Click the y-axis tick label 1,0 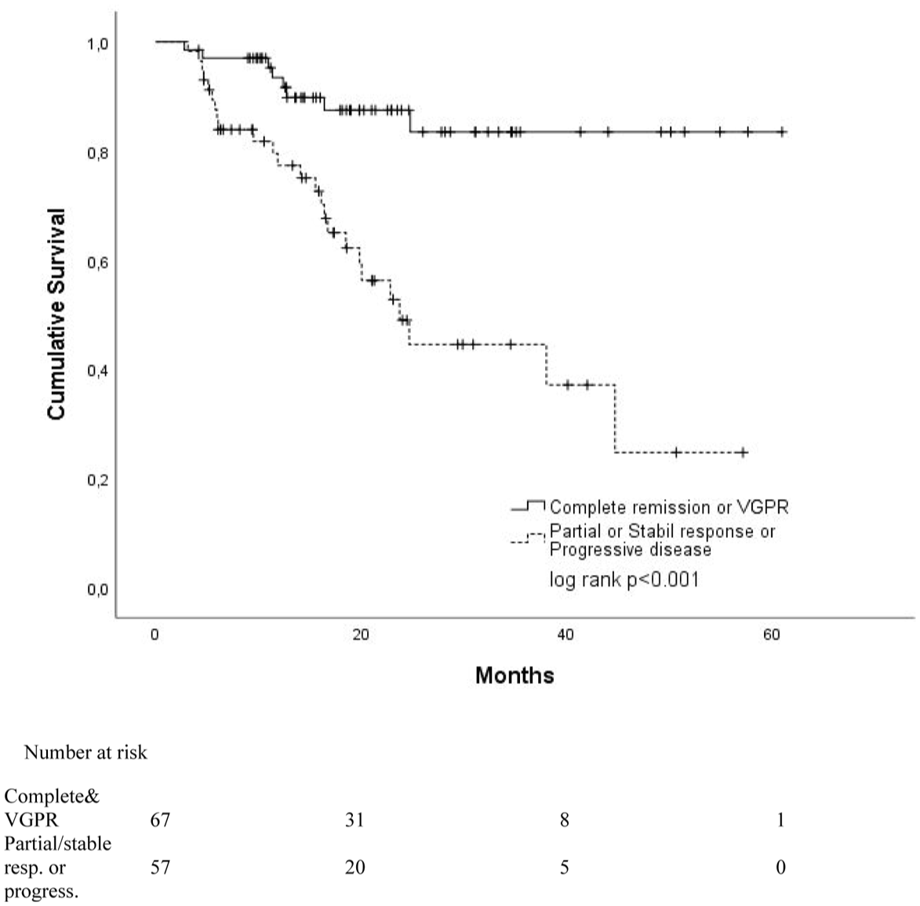point(98,45)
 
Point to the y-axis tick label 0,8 point(98,154)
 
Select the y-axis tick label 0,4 point(98,371)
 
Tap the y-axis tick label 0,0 point(98,589)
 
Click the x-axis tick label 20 point(360,635)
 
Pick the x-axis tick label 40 point(566,635)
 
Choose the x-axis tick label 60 point(772,635)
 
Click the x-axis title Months point(515,675)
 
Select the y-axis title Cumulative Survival point(56,314)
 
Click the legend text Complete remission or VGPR point(669,507)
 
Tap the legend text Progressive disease point(630,549)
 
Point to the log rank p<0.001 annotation point(624,580)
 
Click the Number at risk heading point(85,752)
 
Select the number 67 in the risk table point(160,820)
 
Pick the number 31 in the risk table point(355,820)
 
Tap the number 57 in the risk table point(160,868)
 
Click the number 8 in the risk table point(565,820)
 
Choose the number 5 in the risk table point(565,868)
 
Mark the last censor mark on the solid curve point(782,132)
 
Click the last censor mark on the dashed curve point(743,452)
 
